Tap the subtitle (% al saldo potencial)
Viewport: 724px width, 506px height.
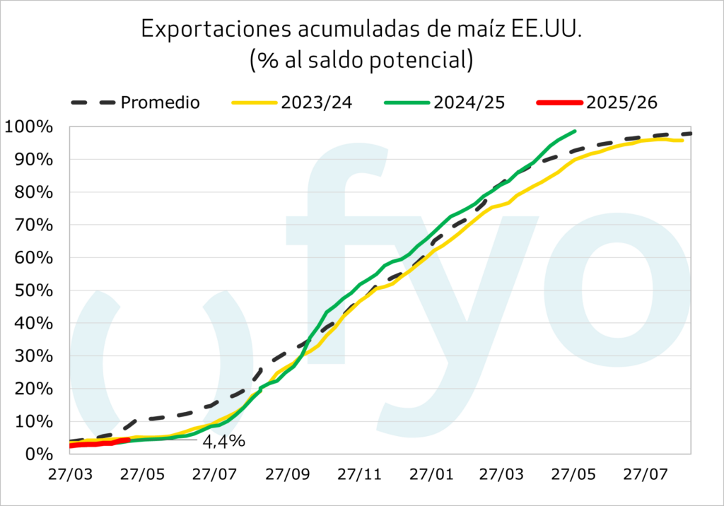point(361,59)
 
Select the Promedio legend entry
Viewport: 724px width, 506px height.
point(160,102)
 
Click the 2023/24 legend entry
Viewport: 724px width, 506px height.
point(316,102)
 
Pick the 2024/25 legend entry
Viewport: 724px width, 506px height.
point(469,102)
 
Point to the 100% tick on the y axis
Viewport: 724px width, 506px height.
point(29,127)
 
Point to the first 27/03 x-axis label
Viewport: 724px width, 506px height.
point(71,473)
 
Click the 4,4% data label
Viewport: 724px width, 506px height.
point(223,442)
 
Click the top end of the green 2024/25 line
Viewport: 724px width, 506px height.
point(576,131)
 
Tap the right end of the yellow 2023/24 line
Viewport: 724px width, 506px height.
point(682,141)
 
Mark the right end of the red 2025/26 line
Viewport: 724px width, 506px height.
point(127,440)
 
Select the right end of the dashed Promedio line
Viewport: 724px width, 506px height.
point(691,134)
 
